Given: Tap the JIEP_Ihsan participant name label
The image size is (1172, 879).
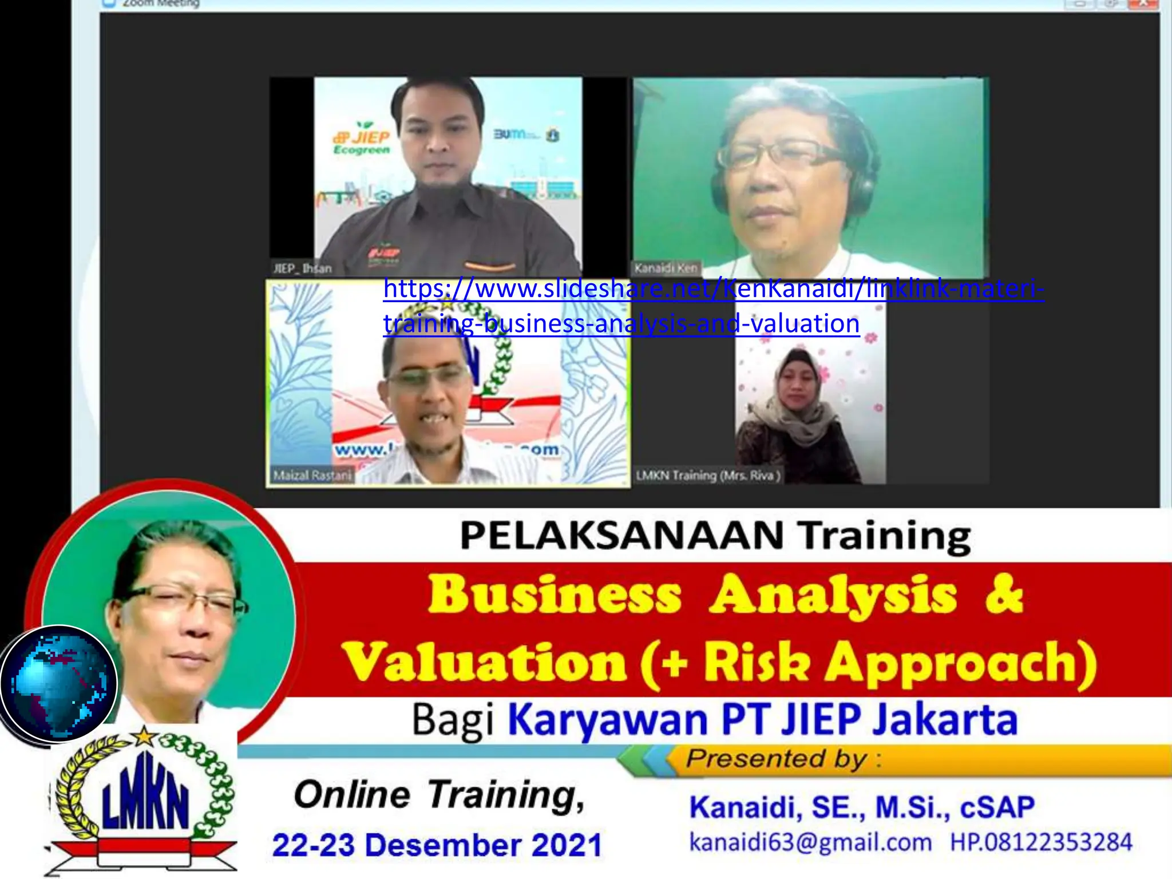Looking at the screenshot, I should tap(302, 268).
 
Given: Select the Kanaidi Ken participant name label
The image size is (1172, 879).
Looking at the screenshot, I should tap(666, 268).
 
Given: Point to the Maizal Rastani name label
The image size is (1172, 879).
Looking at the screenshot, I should tap(312, 475).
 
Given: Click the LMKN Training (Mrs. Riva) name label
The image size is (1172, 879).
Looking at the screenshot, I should tap(708, 475).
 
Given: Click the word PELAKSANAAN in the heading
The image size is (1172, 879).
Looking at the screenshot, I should tap(621, 536).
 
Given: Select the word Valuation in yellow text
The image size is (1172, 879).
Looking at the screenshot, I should tap(485, 662).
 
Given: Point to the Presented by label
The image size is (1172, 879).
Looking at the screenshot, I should tap(777, 759).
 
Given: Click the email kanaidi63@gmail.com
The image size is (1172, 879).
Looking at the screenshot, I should tap(810, 842).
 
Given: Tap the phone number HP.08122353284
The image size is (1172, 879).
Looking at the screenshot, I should tap(1041, 842).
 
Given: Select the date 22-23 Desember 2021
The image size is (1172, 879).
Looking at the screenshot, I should tap(437, 845).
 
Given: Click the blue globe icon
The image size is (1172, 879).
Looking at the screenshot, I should tap(59, 683).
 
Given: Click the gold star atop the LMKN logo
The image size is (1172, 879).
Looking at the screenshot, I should tap(144, 735).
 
